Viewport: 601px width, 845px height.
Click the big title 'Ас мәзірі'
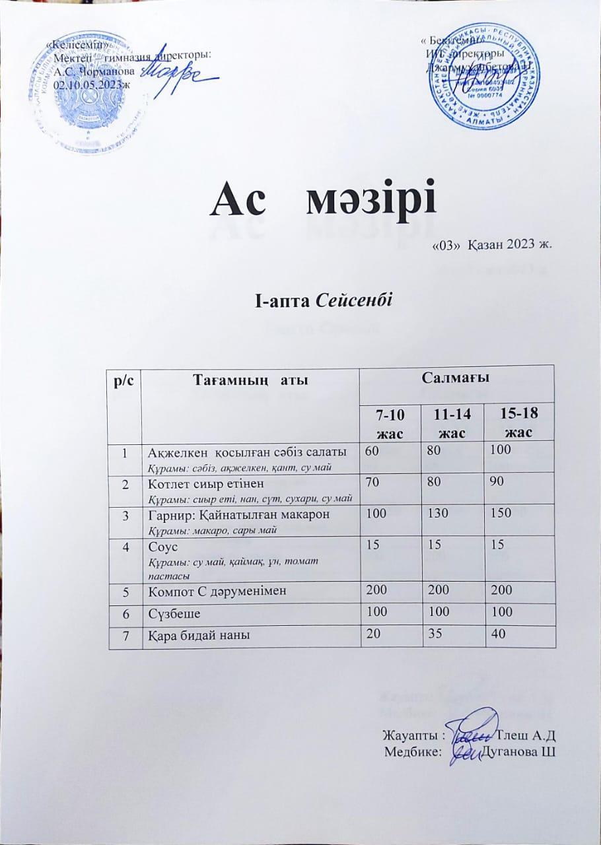[x=324, y=200]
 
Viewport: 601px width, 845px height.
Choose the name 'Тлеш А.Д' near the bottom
[x=528, y=735]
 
